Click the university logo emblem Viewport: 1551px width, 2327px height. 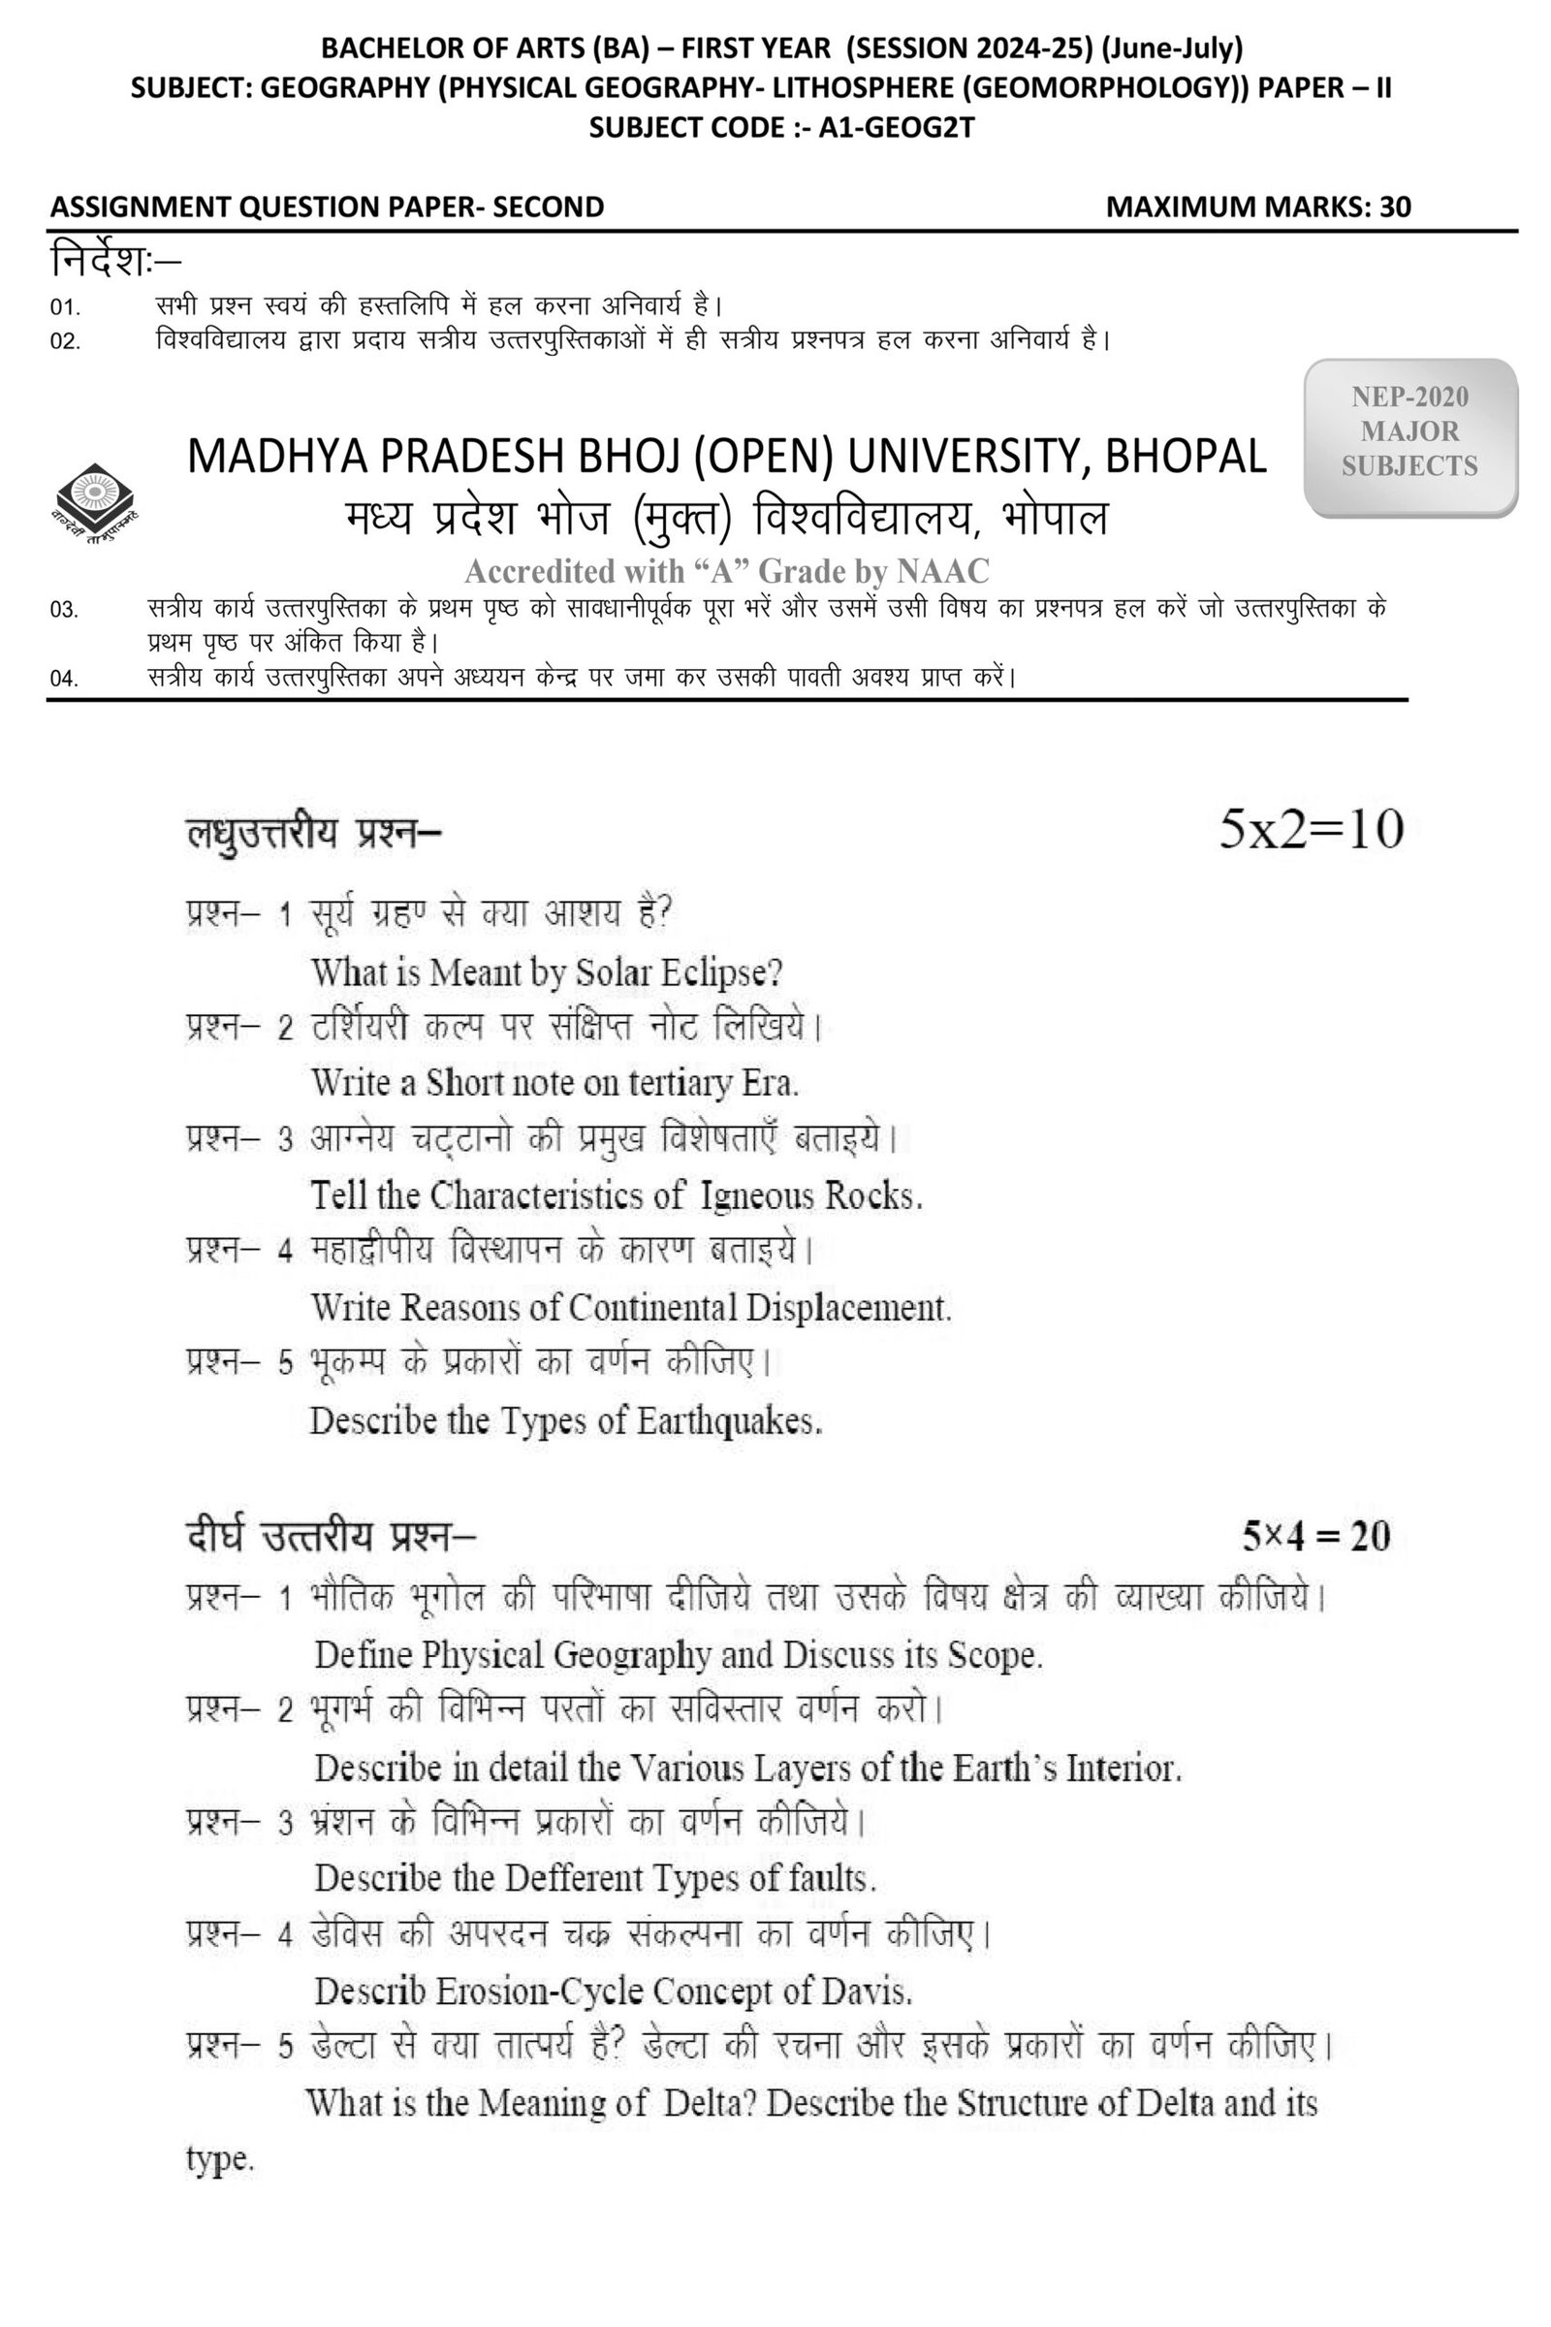(x=94, y=503)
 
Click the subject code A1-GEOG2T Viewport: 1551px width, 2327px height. (x=896, y=128)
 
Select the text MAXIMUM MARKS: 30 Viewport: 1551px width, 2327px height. (x=1258, y=207)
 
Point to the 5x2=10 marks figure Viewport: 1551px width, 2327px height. (x=1311, y=829)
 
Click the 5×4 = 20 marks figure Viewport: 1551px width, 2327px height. (x=1316, y=1536)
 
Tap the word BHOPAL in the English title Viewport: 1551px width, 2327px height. (x=1185, y=457)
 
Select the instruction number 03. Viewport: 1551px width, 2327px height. (x=64, y=610)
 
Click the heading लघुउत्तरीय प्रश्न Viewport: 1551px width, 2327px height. (x=313, y=832)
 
